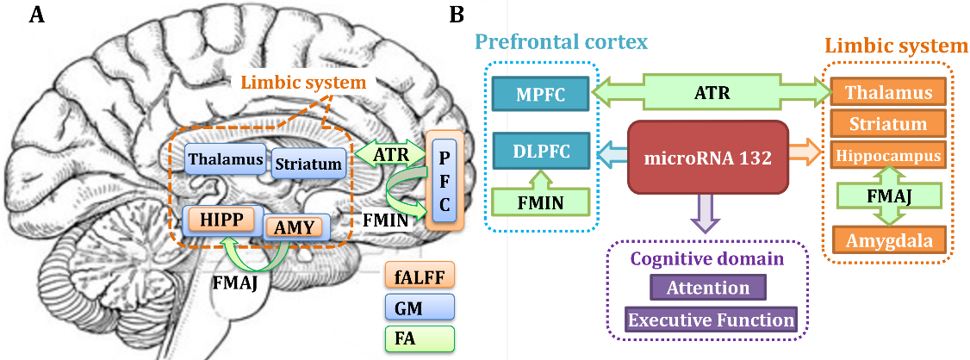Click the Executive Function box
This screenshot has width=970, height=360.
pos(711,320)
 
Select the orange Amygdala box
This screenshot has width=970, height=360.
pos(888,239)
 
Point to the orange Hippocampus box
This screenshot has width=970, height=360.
pos(888,156)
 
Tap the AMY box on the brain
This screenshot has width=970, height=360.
pos(296,227)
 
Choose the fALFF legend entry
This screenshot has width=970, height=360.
pos(420,277)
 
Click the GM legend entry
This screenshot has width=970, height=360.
pos(420,307)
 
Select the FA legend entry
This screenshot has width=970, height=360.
pos(420,337)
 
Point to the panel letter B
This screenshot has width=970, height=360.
pos(458,15)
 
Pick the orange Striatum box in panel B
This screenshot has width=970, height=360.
pos(888,124)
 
